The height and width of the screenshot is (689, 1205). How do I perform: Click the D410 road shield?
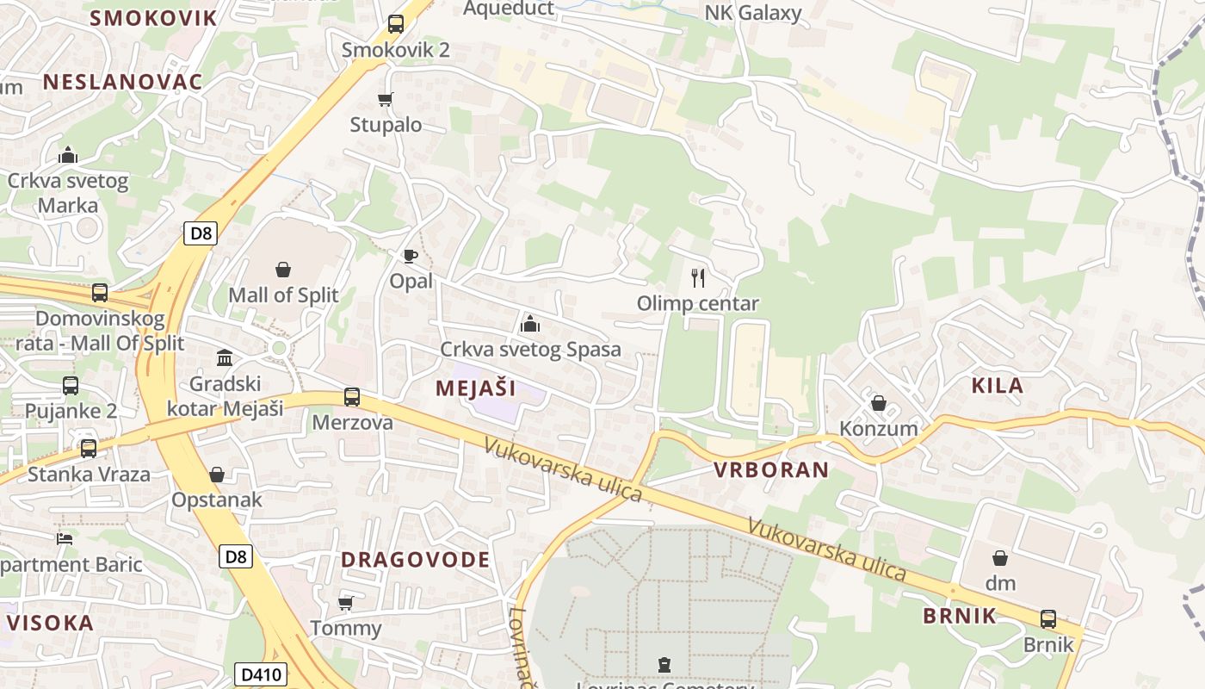click(260, 674)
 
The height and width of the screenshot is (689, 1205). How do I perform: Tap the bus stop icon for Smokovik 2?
click(396, 24)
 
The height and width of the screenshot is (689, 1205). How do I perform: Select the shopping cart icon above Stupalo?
click(386, 100)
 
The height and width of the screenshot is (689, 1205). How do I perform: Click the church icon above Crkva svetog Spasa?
click(529, 324)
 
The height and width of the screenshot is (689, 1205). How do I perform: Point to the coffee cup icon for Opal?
click(411, 256)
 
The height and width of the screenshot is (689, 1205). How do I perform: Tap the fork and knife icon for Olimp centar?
click(698, 277)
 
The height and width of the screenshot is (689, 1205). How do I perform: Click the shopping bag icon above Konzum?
click(879, 403)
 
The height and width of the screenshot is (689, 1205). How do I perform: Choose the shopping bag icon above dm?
click(1000, 558)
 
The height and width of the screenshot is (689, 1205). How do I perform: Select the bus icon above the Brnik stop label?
click(1048, 619)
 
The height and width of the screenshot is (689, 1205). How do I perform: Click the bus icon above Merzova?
click(352, 397)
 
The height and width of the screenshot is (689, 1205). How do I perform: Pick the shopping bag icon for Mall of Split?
click(283, 270)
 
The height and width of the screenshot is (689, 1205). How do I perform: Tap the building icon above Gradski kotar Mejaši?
click(225, 357)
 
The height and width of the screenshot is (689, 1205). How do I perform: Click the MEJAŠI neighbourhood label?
click(476, 388)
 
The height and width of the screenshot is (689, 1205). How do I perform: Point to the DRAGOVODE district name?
click(416, 560)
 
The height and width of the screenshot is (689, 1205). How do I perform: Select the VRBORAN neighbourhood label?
click(771, 470)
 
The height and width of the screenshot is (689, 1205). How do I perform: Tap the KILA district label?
click(998, 386)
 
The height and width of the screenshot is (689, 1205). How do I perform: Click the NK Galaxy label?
click(753, 13)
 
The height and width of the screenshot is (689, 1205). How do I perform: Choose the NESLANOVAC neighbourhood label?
click(122, 82)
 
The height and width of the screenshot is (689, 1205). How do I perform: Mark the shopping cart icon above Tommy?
click(346, 603)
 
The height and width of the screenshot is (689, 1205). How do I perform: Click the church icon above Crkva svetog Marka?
click(68, 156)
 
